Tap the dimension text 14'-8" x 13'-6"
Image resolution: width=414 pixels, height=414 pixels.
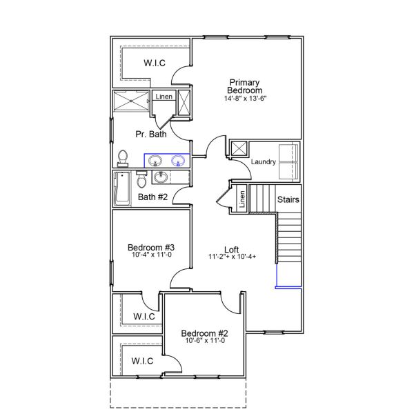(x=244, y=99)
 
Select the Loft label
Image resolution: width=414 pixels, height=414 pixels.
(x=232, y=249)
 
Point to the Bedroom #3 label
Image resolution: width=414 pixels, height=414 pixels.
(x=150, y=248)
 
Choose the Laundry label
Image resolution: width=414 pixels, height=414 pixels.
(x=264, y=162)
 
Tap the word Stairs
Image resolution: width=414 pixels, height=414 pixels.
(x=288, y=199)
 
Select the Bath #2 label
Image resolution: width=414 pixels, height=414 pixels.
(x=153, y=197)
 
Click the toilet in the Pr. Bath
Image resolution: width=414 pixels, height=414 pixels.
(x=123, y=158)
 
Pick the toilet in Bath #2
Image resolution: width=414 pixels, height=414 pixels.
(x=141, y=180)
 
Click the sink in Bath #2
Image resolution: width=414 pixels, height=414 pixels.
(x=161, y=177)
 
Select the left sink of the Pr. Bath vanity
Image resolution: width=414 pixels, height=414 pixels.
(x=154, y=161)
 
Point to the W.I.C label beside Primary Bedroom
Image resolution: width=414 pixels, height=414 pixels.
(x=154, y=63)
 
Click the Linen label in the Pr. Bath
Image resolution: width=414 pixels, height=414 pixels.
(x=164, y=97)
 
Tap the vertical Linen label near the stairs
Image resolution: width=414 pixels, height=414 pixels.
(x=241, y=199)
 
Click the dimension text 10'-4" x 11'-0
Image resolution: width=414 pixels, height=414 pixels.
(x=150, y=256)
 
